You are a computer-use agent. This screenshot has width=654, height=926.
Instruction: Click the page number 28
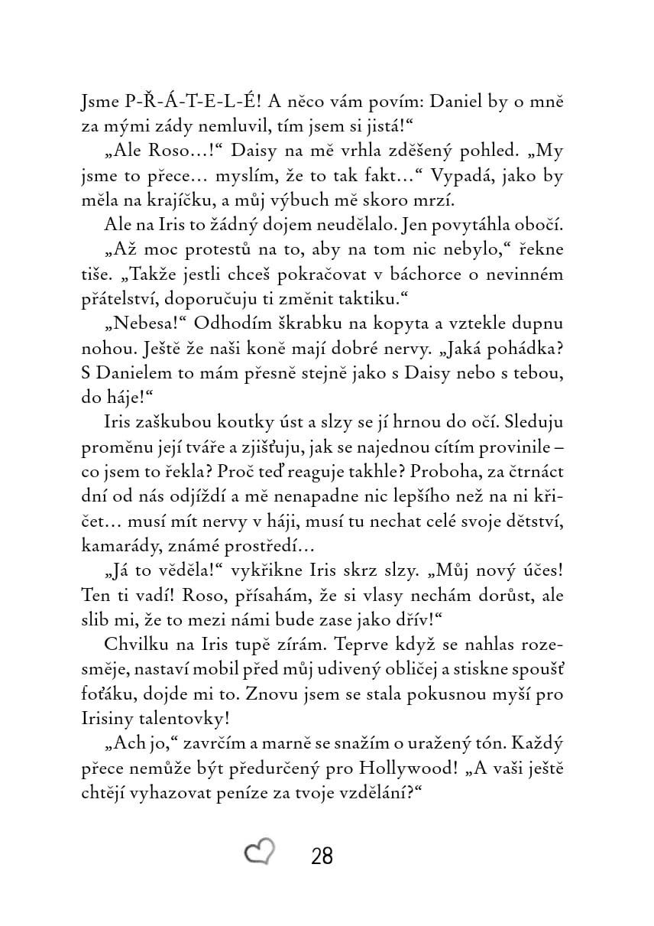[x=322, y=856]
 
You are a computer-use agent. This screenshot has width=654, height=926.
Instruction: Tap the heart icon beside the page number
[x=260, y=853]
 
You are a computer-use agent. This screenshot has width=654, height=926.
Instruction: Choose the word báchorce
[x=406, y=275]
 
